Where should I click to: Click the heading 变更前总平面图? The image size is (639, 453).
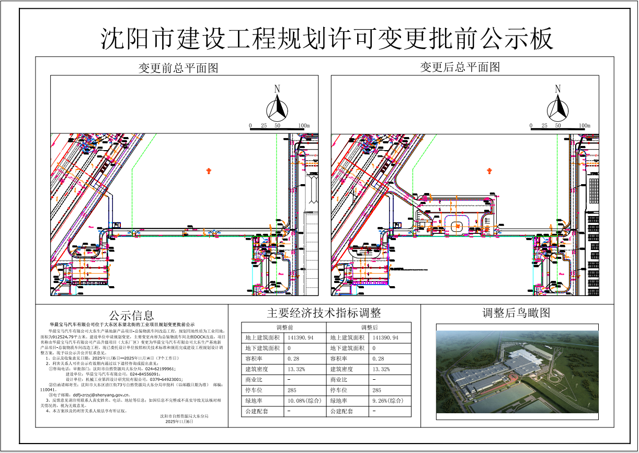(178, 68)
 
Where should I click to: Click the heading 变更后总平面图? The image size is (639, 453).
(460, 67)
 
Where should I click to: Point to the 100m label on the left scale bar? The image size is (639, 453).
(304, 126)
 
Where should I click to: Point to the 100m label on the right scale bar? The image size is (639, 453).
(585, 126)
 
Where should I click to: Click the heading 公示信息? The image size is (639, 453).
(131, 315)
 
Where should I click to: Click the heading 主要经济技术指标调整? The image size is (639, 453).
(324, 313)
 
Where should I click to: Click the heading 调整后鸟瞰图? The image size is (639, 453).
(516, 313)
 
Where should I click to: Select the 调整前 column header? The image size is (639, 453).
(283, 327)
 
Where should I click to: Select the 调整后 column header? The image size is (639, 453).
(369, 327)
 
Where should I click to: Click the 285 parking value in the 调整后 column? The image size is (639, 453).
(377, 390)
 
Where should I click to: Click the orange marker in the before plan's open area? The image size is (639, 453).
(209, 171)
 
